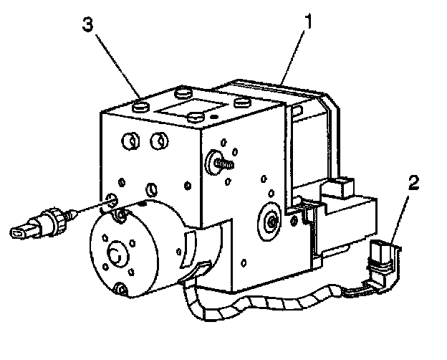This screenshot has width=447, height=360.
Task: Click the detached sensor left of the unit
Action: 43,221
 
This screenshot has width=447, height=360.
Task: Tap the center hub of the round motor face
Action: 117,253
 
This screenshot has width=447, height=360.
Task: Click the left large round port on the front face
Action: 130,142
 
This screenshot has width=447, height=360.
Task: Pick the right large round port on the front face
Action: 159,141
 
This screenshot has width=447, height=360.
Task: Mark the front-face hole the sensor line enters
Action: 112,202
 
